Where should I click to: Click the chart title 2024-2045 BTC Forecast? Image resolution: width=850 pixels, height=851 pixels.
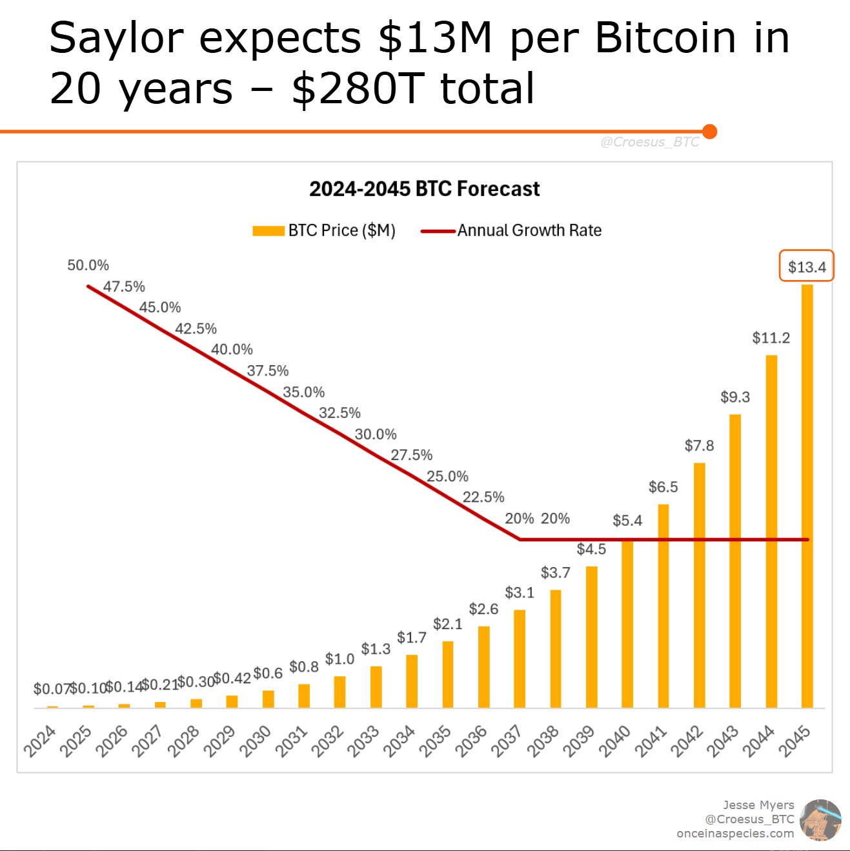click(x=424, y=189)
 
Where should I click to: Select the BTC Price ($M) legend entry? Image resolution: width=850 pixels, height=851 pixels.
click(x=324, y=230)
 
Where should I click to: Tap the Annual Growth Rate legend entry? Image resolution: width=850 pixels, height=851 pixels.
click(x=511, y=230)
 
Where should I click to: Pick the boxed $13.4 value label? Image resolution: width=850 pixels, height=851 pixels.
click(x=807, y=266)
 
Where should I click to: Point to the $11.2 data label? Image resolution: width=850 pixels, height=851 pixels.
click(x=771, y=338)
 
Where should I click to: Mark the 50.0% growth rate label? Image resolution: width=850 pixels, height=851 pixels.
click(x=88, y=265)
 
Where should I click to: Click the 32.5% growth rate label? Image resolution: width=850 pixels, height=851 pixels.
click(x=339, y=413)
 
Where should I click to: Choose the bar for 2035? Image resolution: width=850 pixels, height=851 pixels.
click(x=448, y=674)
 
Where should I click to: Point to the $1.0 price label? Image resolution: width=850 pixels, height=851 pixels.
click(x=339, y=659)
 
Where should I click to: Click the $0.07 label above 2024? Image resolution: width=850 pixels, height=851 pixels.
click(x=50, y=688)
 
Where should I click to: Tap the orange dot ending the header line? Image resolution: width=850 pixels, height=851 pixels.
click(x=709, y=132)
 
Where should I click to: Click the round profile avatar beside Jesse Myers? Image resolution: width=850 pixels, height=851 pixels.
click(x=820, y=819)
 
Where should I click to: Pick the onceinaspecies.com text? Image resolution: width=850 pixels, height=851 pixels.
click(x=735, y=833)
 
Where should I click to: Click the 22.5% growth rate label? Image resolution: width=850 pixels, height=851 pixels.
click(x=483, y=497)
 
